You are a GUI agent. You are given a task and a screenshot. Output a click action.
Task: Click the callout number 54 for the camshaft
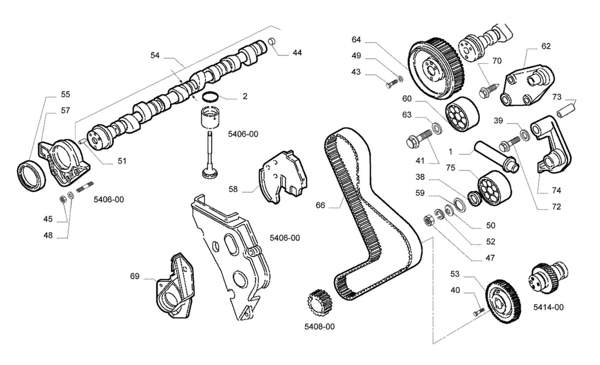(x=154, y=56)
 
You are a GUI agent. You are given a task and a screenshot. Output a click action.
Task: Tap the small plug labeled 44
(x=272, y=41)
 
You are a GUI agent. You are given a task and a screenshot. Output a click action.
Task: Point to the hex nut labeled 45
(x=63, y=198)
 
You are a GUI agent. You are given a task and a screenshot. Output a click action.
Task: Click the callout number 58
(x=233, y=189)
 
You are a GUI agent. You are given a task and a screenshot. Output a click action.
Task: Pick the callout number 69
(x=135, y=276)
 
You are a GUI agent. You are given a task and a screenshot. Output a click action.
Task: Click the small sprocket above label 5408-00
(x=320, y=302)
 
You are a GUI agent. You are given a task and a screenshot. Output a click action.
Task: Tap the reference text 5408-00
(x=320, y=327)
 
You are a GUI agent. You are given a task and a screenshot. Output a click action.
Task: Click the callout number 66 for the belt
(x=320, y=205)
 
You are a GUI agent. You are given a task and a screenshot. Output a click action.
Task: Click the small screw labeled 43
(x=390, y=84)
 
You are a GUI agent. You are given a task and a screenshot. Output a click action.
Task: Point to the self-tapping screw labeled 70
(x=488, y=90)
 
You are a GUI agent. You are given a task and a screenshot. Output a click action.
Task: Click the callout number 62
(x=546, y=46)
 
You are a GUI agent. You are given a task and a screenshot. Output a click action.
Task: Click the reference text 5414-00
(x=548, y=307)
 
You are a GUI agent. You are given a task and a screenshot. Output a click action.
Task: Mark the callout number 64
(x=356, y=39)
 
